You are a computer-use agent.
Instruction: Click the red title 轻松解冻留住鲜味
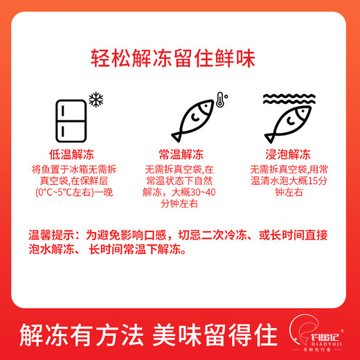[x=179, y=55]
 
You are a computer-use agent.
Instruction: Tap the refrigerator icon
[x=70, y=120]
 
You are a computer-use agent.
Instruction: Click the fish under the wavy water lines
[x=287, y=124]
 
